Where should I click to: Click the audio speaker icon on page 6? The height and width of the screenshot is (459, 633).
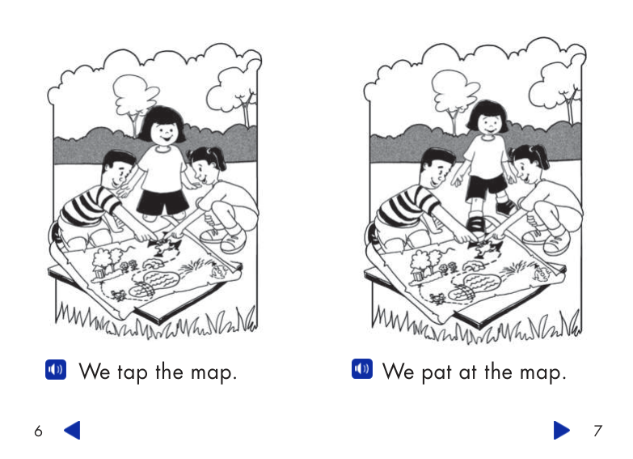56,371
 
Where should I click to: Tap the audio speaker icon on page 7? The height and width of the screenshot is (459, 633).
362,370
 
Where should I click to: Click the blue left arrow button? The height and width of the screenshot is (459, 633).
73,431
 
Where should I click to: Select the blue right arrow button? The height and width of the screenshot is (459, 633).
561,431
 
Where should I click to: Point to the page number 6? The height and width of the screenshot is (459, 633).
38,431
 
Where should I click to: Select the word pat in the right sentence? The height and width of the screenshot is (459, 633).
437,372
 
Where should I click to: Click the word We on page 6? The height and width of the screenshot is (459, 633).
94,372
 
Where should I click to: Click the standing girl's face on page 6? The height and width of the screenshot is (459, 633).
165,132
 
